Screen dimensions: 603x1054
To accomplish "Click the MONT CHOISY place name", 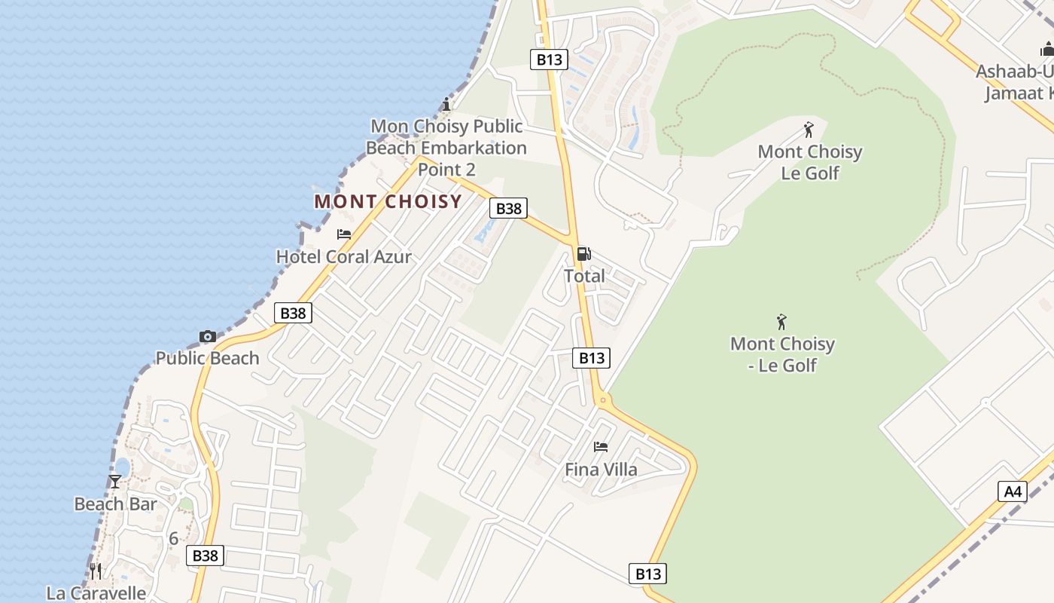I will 388,202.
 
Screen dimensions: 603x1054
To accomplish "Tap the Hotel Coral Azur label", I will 344,257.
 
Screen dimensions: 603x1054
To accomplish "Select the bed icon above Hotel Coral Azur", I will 344,234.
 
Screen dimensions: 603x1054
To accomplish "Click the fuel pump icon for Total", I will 584,254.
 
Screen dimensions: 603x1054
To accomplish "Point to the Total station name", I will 584,276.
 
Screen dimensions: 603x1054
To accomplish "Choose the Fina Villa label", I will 601,470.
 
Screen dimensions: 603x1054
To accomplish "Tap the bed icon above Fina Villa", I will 601,447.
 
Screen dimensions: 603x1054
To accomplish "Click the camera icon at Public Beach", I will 208,336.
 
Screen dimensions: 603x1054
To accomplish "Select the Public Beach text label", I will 207,358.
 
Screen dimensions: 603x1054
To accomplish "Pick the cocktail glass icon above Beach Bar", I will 115,481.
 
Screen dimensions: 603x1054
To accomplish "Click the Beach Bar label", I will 115,504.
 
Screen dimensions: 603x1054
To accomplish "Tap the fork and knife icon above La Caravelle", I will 96,571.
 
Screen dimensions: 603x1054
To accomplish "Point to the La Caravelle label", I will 96,592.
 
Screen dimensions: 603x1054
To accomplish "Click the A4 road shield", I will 1013,491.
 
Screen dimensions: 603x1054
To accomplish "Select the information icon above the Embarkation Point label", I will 446,103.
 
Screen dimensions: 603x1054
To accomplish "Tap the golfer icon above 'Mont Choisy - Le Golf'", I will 781,323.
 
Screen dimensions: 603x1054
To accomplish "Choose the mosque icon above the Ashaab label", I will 1047,50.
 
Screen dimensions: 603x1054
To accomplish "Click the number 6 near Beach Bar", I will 174,539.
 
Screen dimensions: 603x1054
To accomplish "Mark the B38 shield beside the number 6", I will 205,556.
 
